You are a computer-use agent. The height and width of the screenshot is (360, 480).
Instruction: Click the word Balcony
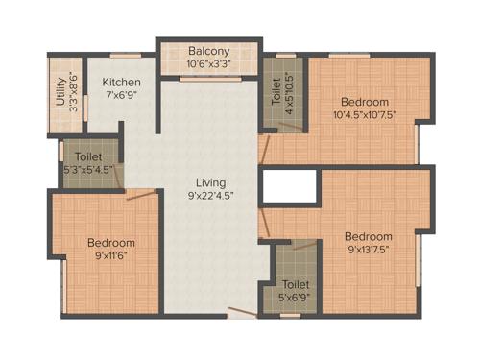click(208, 52)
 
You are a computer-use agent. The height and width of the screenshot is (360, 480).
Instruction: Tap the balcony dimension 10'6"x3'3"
click(208, 65)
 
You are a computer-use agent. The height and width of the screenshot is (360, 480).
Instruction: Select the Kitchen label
click(122, 83)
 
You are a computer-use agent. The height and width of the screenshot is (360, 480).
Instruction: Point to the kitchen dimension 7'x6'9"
click(122, 96)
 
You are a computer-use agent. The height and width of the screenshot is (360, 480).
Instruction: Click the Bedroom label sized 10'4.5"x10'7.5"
click(365, 102)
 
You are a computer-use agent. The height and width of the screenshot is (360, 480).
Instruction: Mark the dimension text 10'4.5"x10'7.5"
click(365, 115)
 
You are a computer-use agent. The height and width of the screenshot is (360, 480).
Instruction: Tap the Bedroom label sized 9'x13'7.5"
click(369, 236)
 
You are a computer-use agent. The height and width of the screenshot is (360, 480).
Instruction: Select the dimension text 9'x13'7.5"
click(369, 250)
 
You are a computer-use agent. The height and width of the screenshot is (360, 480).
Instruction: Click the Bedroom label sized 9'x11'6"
click(110, 243)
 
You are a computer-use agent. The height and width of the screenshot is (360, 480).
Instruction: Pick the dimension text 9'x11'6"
click(110, 256)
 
